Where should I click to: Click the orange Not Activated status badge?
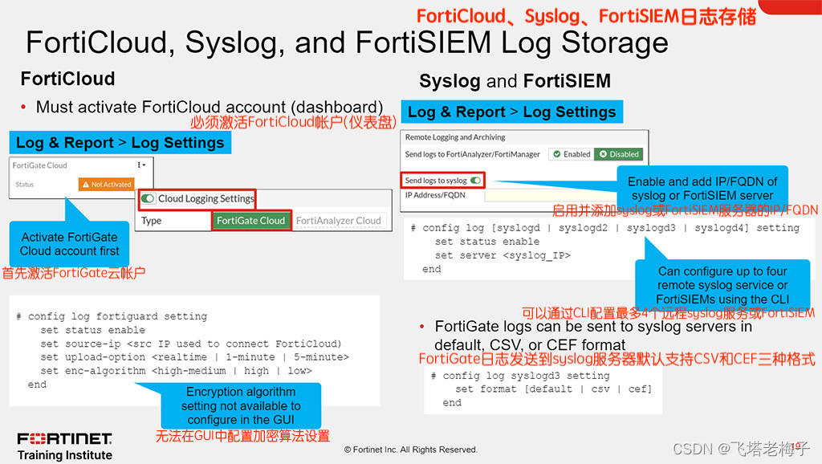[x=106, y=184]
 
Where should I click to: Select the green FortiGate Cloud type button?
[x=250, y=221]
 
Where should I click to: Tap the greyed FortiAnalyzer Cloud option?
[x=338, y=221]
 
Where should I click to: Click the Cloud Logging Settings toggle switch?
[x=147, y=198]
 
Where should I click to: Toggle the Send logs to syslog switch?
[x=476, y=181]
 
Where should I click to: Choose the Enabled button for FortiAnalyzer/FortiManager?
[x=571, y=154]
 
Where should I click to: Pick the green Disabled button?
[x=618, y=154]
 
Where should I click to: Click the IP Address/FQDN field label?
[x=434, y=195]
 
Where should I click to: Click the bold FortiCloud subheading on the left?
[x=67, y=79]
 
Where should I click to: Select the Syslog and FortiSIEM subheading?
[x=515, y=81]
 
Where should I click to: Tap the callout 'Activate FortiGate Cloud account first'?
[x=69, y=244]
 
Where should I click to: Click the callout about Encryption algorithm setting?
[x=241, y=405]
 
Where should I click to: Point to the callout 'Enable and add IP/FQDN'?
[x=702, y=189]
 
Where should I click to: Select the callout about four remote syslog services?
[x=722, y=285]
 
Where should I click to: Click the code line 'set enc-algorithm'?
[x=176, y=371]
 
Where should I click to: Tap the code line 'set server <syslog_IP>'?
[x=502, y=255]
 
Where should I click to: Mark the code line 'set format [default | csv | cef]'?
[x=553, y=389]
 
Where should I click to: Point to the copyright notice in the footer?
[x=410, y=450]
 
